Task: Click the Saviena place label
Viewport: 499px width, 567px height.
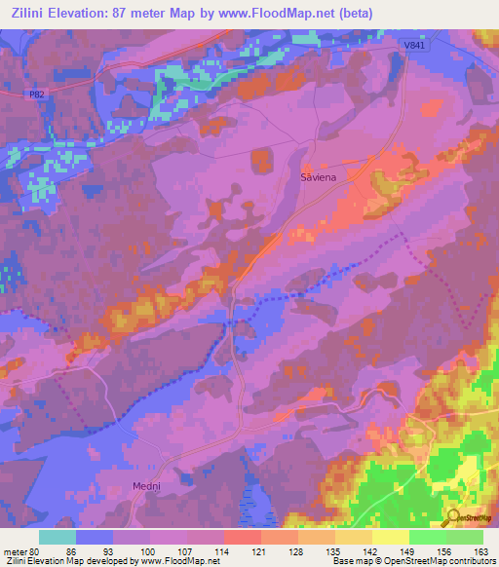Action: pyautogui.click(x=317, y=178)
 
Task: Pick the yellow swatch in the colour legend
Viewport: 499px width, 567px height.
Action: pyautogui.click(x=390, y=537)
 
